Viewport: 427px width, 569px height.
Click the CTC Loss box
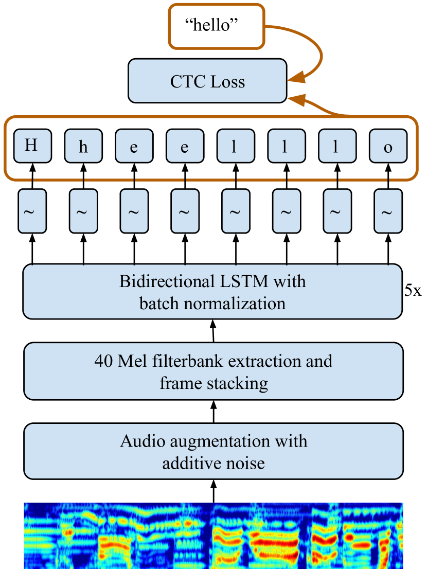coord(207,81)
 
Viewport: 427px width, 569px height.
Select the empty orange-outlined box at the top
coord(217,26)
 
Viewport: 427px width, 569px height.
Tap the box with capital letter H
coord(32,146)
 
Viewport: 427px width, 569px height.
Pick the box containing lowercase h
coord(83,147)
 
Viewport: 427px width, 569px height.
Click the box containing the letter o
coord(388,147)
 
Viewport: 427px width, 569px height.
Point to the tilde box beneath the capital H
coord(32,211)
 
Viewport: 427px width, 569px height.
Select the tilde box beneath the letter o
coord(388,211)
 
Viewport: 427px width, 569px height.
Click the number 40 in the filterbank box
coord(104,361)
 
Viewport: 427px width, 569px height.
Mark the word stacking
coord(238,383)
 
